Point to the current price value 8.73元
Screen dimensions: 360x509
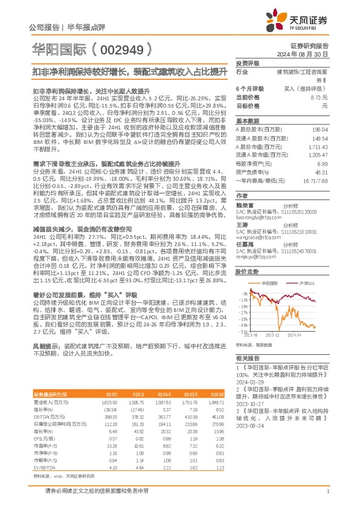318,97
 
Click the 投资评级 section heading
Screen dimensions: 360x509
248,63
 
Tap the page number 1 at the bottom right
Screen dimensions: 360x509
327,492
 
